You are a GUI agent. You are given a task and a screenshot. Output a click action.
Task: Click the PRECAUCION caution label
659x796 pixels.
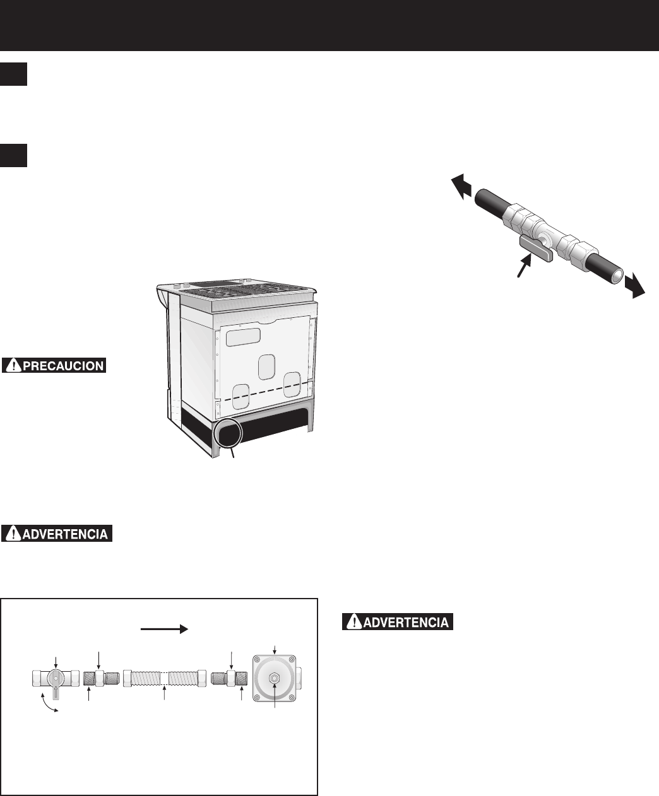click(x=54, y=365)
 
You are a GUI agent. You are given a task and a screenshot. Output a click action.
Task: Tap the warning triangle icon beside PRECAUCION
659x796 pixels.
click(x=13, y=366)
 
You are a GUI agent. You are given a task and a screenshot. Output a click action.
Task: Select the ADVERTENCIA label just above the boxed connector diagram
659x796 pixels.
click(x=56, y=534)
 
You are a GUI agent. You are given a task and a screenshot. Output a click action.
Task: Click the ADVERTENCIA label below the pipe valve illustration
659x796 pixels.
click(x=397, y=621)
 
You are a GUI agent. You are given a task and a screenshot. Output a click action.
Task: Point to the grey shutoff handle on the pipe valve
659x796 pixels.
click(x=536, y=248)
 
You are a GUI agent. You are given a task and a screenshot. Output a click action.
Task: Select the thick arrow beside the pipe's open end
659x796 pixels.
click(x=635, y=286)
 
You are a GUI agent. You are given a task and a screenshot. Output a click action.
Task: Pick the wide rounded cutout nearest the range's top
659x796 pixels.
click(x=243, y=337)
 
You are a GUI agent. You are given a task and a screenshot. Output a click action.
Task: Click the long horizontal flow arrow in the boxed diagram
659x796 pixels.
click(x=165, y=629)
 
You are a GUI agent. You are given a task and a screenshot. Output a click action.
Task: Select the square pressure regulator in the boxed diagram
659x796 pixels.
click(x=274, y=678)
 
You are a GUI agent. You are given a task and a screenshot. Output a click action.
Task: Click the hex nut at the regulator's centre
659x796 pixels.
click(x=274, y=679)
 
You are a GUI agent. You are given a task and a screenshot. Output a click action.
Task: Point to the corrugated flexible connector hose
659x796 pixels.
click(x=165, y=678)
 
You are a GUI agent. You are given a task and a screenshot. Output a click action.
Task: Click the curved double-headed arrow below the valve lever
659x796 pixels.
click(x=49, y=703)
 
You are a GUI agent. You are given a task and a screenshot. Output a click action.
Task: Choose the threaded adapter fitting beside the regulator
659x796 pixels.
click(x=229, y=679)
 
